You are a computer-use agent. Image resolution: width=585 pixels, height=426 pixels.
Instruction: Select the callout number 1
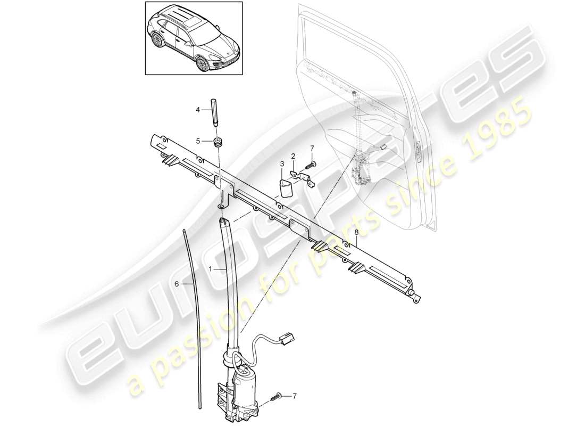point(211,271)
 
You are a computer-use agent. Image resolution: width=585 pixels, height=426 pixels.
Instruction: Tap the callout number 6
point(177,284)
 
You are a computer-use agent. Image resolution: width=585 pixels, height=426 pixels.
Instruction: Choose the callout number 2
point(293,156)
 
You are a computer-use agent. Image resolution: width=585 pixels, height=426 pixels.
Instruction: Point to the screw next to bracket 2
point(310,165)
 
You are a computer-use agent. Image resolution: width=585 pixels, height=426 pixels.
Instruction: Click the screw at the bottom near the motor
point(278,397)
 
